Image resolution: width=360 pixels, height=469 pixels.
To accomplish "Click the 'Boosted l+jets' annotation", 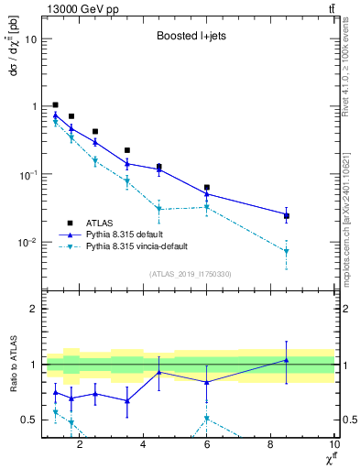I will point(187,38).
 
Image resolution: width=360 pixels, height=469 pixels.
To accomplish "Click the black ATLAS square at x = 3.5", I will point(127,150).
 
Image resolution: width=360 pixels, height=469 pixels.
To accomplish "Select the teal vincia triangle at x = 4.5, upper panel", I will point(159,209).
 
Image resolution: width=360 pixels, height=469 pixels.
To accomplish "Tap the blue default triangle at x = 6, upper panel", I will point(207,194).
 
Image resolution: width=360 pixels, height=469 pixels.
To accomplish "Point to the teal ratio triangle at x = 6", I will point(207,419).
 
